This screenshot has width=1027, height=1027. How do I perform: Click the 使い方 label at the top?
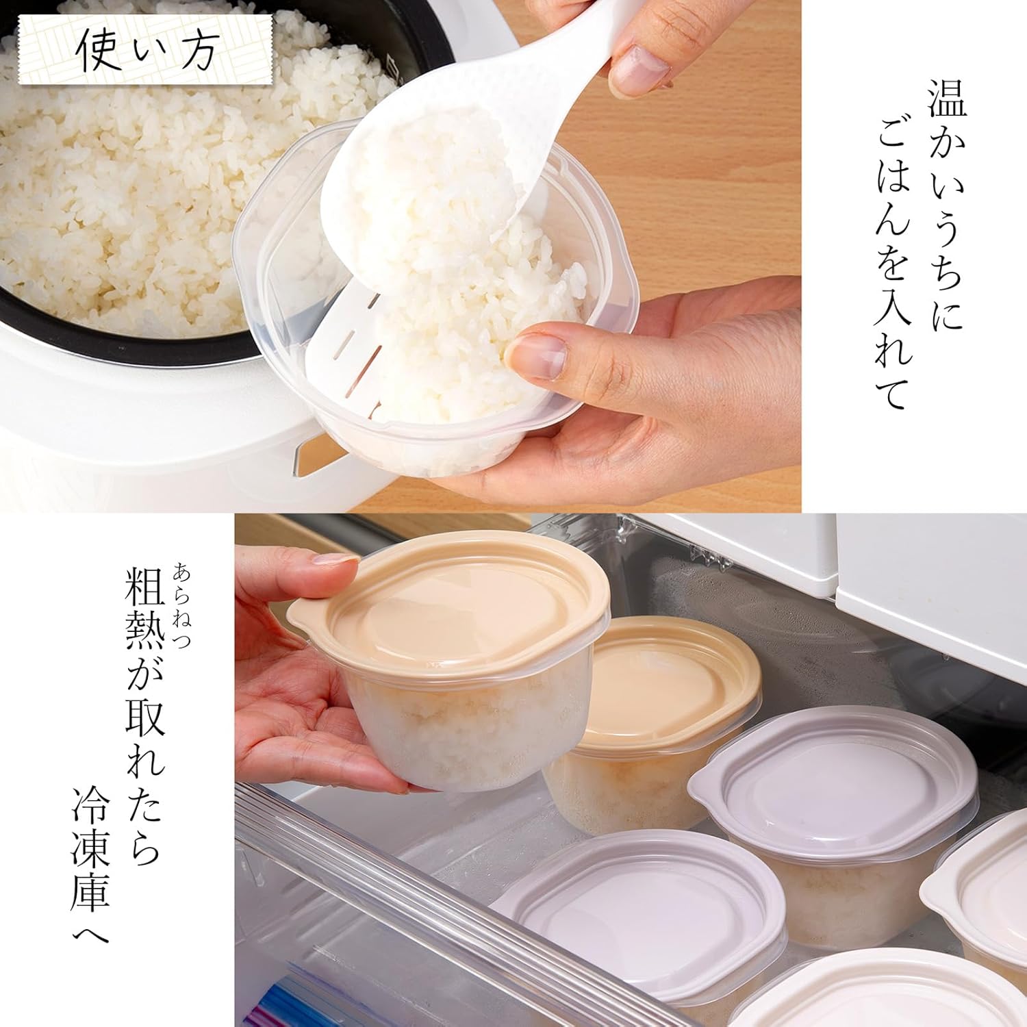145,51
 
